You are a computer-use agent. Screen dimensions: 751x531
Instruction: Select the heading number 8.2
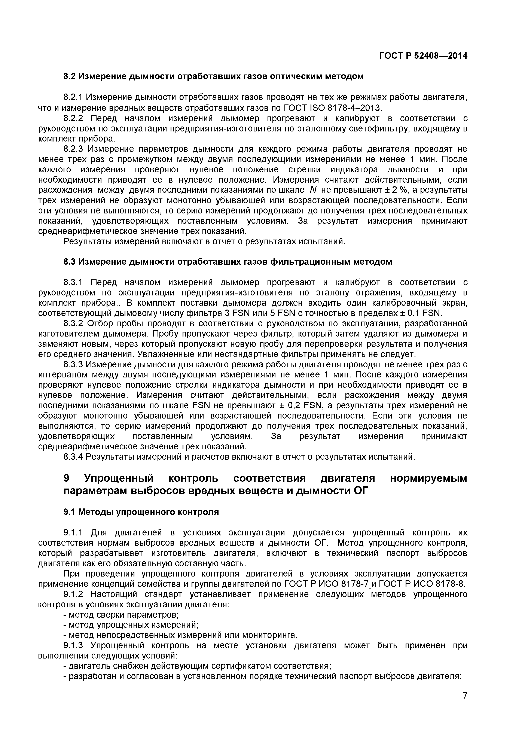pos(69,77)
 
